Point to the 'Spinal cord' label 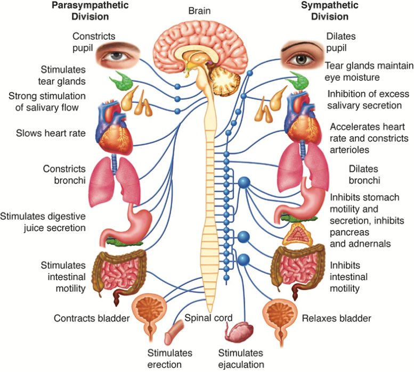[208, 318]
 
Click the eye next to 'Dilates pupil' [302, 54]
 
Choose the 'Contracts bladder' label [92, 318]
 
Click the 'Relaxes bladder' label [336, 319]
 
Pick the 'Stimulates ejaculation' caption [241, 359]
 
